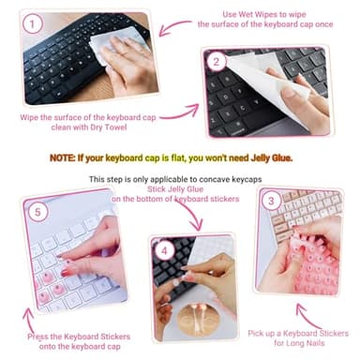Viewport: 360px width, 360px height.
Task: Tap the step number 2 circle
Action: (217, 63)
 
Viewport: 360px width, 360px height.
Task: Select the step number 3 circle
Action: (272, 200)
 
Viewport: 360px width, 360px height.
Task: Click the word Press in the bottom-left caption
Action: (43, 335)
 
